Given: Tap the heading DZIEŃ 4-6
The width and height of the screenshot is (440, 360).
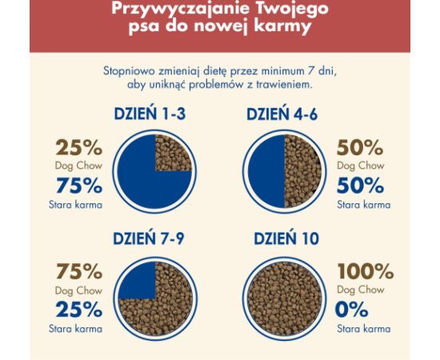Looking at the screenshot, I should point(282,114).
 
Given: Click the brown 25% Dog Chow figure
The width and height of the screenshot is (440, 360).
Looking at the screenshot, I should point(78,148).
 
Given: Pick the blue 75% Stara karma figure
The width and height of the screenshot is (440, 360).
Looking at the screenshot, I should point(78,186).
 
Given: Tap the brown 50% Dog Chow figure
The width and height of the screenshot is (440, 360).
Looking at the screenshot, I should point(360,148).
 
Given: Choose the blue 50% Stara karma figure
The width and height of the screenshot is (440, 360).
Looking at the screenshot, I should point(360,186).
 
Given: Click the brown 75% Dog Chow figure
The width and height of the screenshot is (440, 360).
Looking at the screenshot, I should point(78,272).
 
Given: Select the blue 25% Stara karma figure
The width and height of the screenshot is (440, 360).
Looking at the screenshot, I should point(78,310).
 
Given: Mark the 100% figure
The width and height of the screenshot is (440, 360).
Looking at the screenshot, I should point(365,272).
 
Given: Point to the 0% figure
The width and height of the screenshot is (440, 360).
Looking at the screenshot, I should point(353,310).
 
